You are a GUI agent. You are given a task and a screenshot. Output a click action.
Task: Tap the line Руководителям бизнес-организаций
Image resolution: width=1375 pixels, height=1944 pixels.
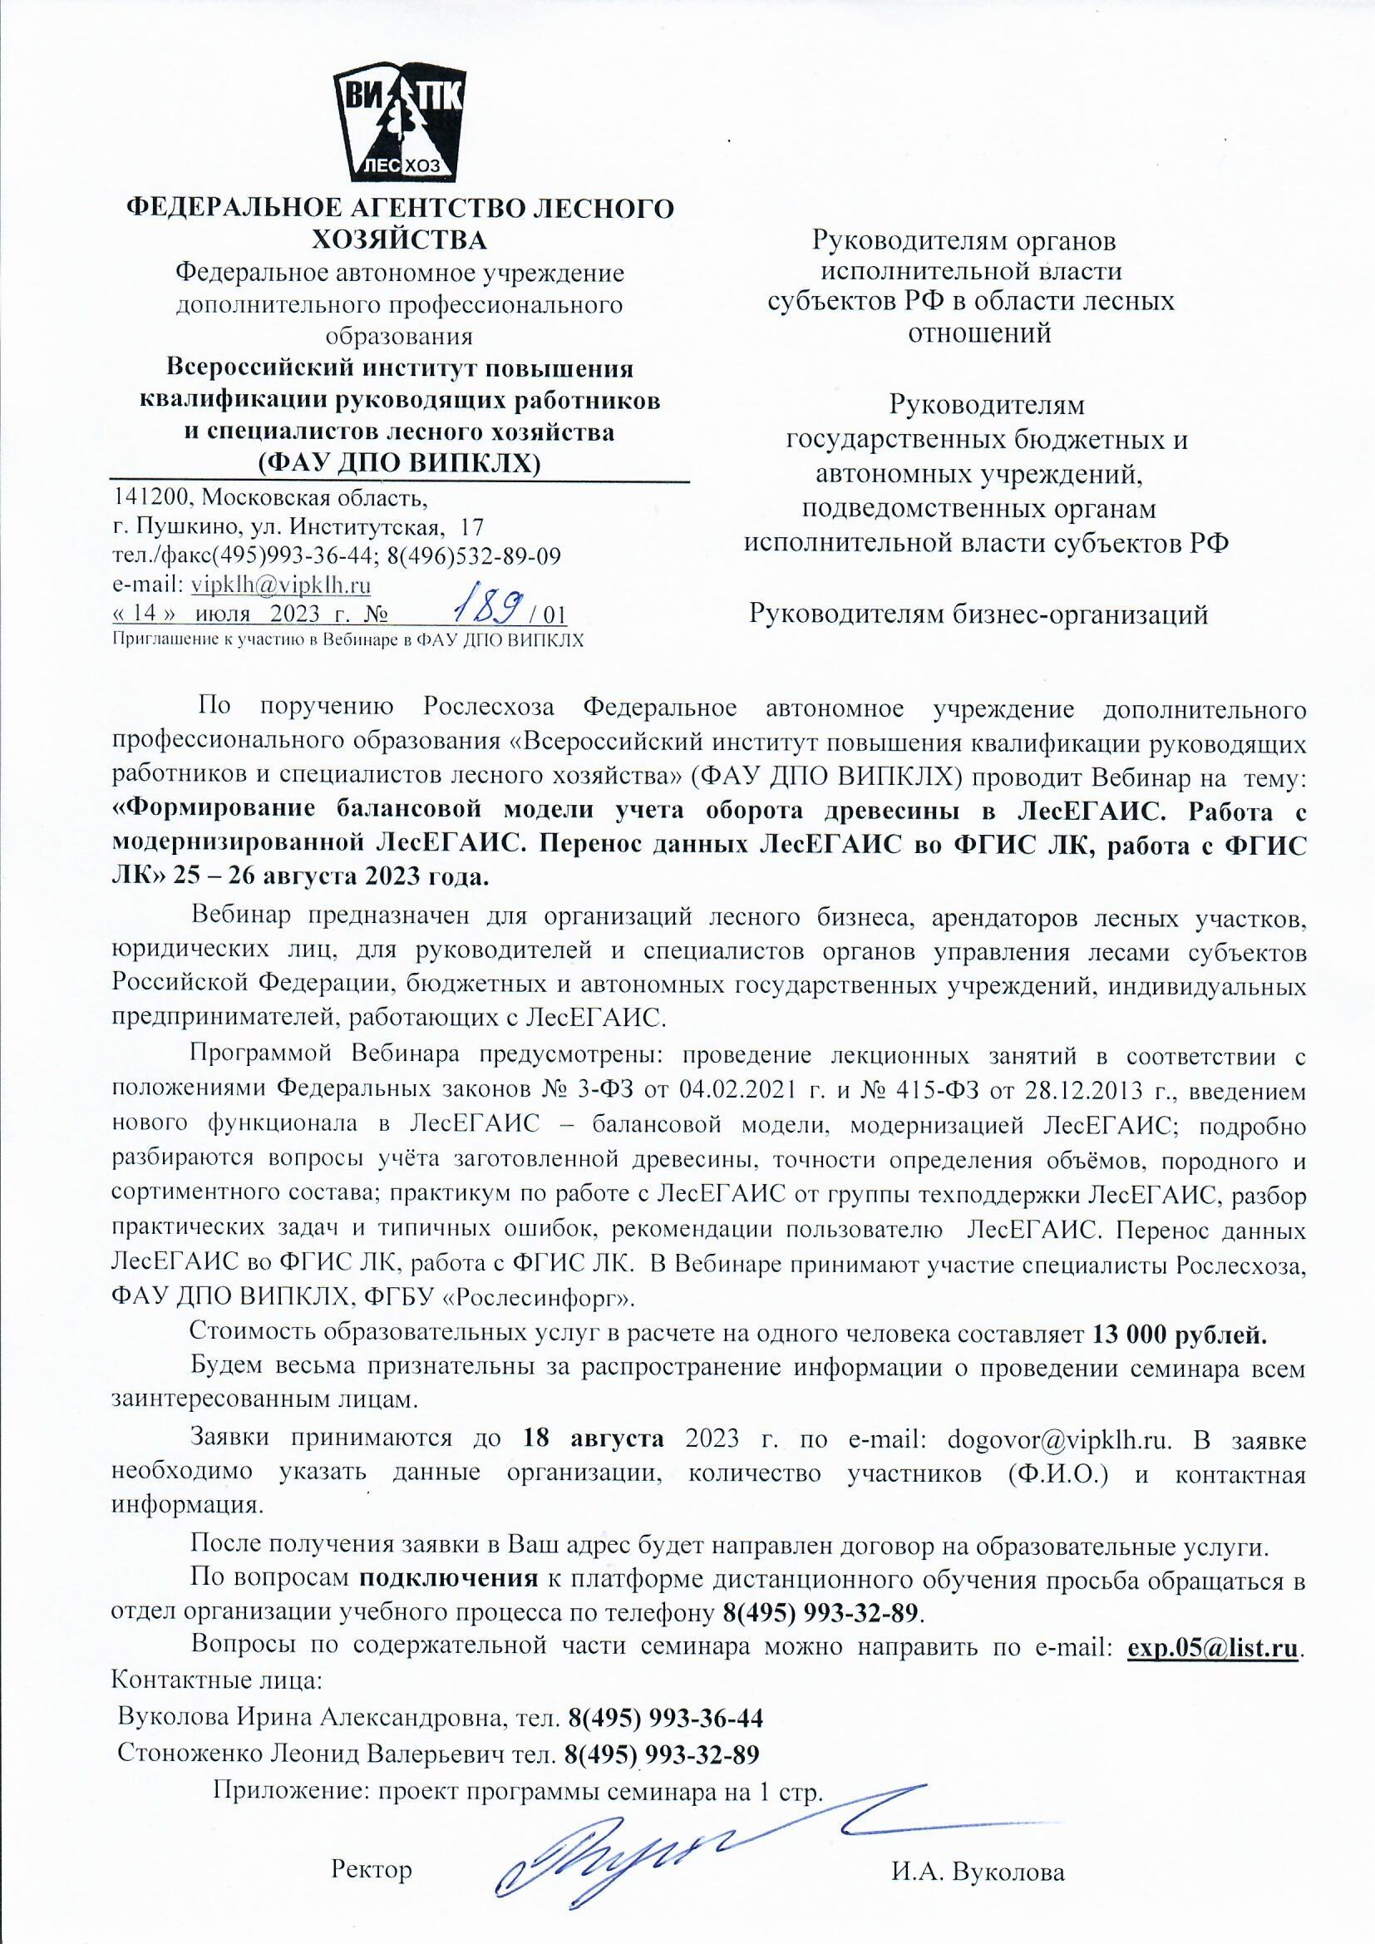tap(978, 614)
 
